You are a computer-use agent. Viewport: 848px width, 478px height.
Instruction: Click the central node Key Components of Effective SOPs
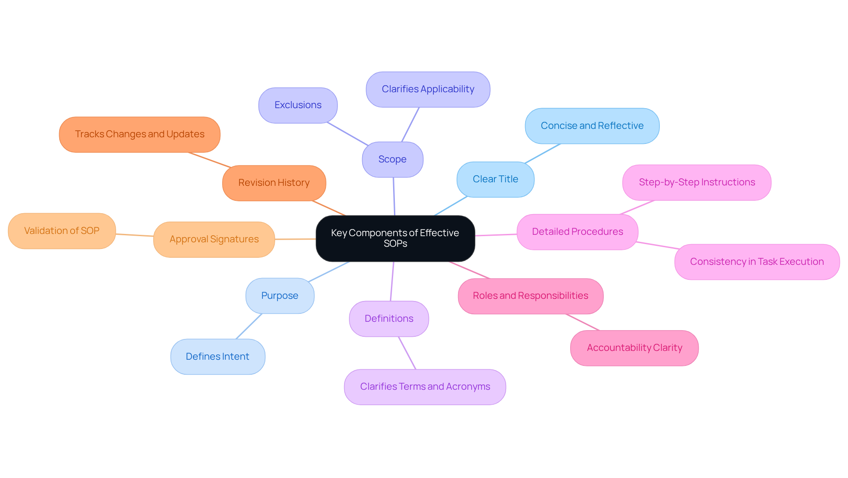click(x=395, y=238)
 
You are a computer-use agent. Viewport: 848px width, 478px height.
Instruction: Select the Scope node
click(x=392, y=159)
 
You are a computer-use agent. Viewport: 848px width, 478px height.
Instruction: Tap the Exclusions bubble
click(x=298, y=105)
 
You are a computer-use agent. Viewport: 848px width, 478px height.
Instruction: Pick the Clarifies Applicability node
click(x=428, y=89)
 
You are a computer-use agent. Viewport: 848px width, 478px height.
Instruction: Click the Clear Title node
click(x=495, y=179)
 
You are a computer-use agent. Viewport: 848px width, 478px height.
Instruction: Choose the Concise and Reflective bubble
click(x=592, y=126)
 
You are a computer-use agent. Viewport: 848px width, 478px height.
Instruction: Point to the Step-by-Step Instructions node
click(x=697, y=182)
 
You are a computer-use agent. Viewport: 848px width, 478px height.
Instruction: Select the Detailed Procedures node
click(x=577, y=232)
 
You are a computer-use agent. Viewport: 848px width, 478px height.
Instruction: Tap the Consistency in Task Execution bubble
click(x=757, y=262)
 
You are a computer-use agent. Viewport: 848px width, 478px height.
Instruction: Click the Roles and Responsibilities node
click(x=530, y=296)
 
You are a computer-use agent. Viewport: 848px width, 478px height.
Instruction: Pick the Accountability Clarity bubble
click(x=634, y=348)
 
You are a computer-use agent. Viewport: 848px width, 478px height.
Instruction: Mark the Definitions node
click(x=389, y=319)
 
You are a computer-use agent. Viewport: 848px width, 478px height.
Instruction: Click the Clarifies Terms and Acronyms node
click(x=425, y=387)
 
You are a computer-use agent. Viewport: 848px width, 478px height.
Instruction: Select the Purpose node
click(x=280, y=296)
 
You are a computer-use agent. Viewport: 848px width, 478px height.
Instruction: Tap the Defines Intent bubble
click(x=217, y=357)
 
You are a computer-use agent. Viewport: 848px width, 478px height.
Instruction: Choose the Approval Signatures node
click(x=214, y=239)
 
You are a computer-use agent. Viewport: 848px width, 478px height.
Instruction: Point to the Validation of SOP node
click(x=62, y=231)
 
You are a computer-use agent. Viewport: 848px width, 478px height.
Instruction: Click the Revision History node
click(x=274, y=183)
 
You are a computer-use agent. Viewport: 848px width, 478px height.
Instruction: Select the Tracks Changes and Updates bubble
click(x=140, y=134)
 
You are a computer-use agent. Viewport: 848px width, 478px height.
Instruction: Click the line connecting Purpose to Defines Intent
click(x=249, y=326)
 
